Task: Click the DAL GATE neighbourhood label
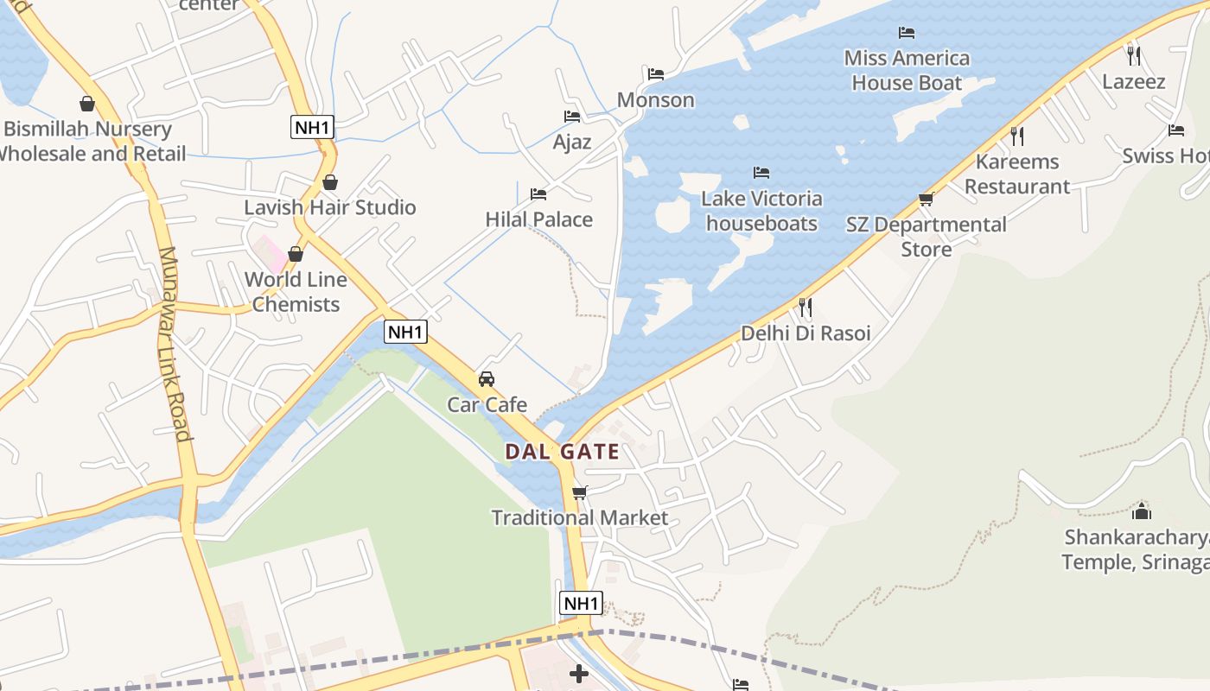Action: coord(562,452)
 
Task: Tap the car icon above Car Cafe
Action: coord(487,378)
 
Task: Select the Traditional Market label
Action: coord(579,518)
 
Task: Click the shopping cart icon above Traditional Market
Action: coord(579,492)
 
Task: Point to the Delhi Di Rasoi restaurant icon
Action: coord(805,307)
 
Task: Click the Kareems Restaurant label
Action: coord(1017,174)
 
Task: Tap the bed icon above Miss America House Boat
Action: coord(906,33)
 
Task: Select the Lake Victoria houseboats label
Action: coord(761,211)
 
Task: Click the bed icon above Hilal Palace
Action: coord(538,193)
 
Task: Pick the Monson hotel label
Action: coord(655,100)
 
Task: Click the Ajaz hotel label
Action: coord(571,142)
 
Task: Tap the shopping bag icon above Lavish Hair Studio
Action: coord(329,182)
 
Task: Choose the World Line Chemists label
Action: coord(296,292)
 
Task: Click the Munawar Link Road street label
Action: coord(174,344)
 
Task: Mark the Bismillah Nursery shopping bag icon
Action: coord(87,105)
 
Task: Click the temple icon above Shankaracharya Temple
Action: coord(1142,510)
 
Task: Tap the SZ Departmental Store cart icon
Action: coord(926,200)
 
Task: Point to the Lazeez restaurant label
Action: coord(1134,82)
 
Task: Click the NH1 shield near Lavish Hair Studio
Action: coord(312,128)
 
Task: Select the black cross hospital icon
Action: coord(579,673)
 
